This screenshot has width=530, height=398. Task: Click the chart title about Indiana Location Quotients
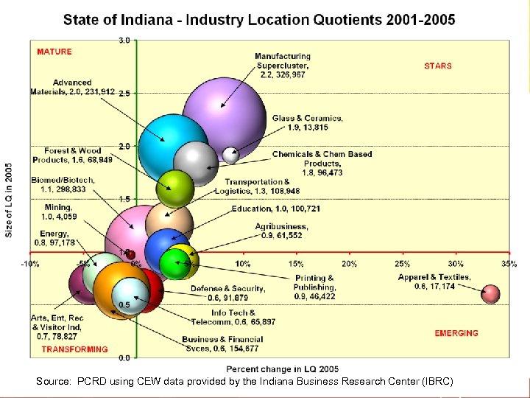click(x=259, y=19)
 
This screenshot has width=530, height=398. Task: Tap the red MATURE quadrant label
click(x=54, y=52)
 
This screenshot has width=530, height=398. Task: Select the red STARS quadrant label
click(x=438, y=66)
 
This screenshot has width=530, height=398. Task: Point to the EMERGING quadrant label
click(x=456, y=333)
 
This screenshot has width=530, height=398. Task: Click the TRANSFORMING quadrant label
click(x=74, y=349)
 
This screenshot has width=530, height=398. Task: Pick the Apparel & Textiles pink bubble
click(x=490, y=294)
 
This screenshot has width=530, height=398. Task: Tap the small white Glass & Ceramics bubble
click(x=231, y=155)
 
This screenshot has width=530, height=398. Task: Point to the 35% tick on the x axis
click(x=509, y=263)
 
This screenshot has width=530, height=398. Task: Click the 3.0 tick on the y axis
click(x=124, y=41)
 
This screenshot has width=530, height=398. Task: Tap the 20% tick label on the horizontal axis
click(x=349, y=263)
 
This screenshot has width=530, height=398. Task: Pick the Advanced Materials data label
click(x=72, y=87)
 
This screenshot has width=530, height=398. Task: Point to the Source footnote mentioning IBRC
click(x=245, y=381)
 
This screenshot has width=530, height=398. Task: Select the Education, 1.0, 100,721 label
click(x=275, y=209)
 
